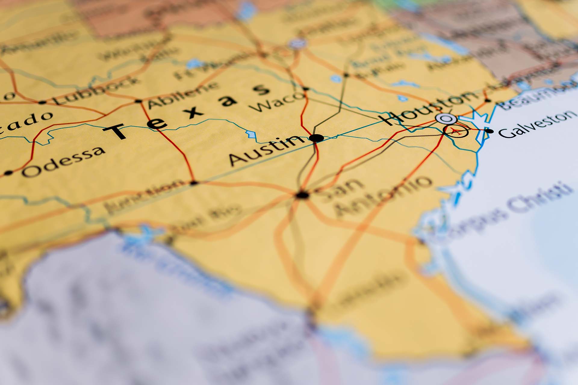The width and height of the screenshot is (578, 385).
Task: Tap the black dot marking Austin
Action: tap(316, 138)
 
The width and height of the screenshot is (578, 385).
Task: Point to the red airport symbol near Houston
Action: tap(456, 131)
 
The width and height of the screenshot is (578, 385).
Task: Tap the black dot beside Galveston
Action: tap(489, 131)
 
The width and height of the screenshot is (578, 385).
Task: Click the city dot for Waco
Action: tap(306, 89)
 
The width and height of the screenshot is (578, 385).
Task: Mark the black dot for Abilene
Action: tap(138, 101)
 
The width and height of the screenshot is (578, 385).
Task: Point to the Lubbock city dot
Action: tap(42, 102)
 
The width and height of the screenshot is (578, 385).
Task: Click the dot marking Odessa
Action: tap(8, 173)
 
